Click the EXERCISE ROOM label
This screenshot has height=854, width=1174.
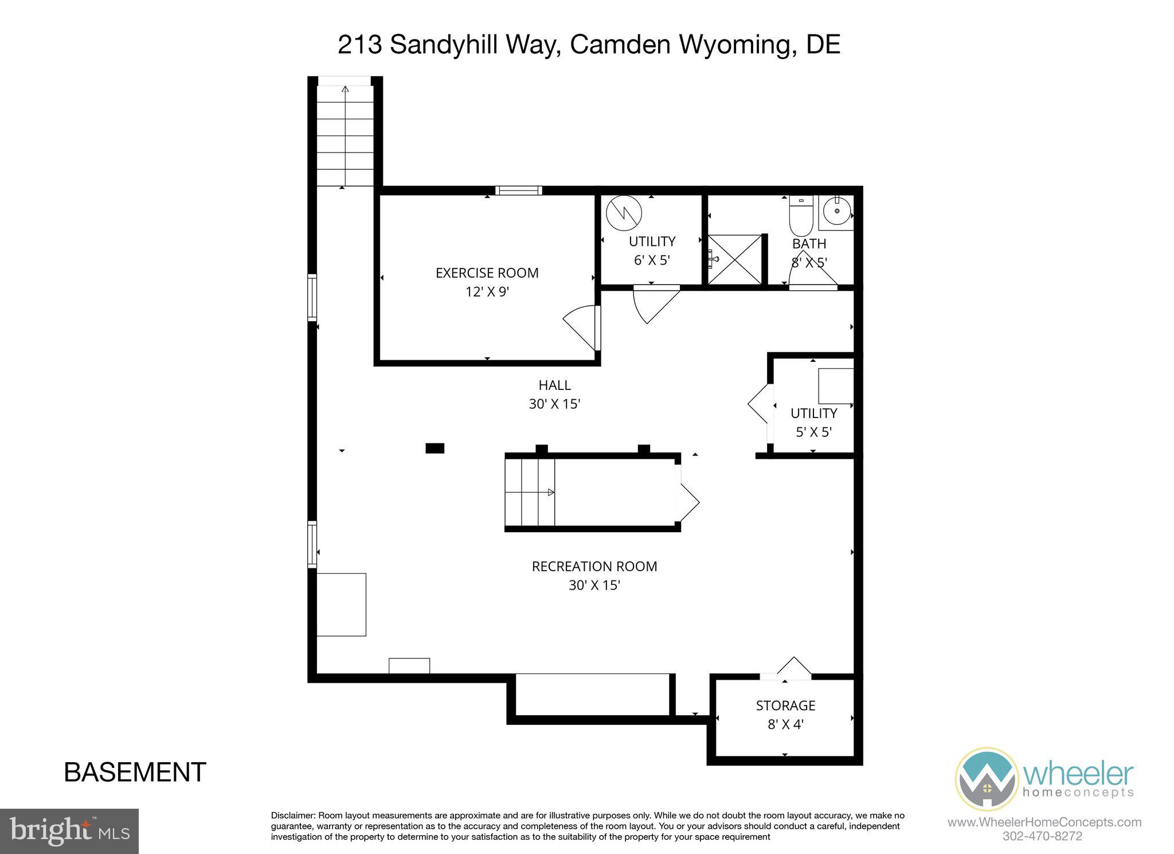[487, 273]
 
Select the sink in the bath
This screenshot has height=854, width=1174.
[837, 211]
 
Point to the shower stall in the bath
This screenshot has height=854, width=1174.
[734, 259]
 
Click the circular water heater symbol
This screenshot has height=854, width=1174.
[624, 213]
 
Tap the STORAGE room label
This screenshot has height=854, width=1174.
[785, 705]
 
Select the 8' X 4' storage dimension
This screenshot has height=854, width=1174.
[785, 724]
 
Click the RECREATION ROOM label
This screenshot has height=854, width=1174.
[594, 567]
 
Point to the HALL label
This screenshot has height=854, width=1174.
[554, 385]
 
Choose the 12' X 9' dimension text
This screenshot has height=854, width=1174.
[487, 292]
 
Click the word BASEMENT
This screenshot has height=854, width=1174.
[135, 773]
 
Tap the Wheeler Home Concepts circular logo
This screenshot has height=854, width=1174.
[986, 779]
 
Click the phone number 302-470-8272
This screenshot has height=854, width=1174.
[1042, 836]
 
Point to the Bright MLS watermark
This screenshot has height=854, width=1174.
[69, 831]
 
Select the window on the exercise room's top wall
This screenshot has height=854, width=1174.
[518, 190]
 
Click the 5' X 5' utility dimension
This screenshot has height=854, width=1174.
[813, 432]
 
